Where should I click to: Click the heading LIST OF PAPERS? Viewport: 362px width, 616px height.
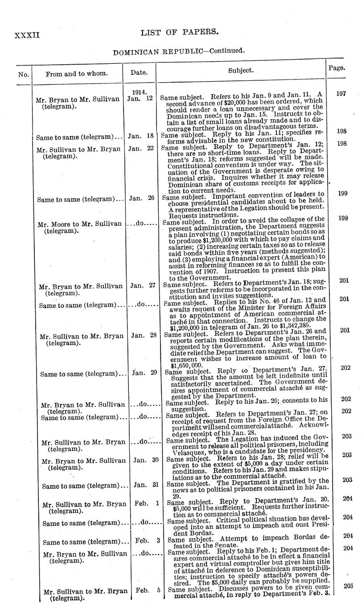pyautogui.click(x=173, y=32)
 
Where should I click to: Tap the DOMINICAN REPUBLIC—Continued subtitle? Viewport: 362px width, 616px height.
pyautogui.click(x=179, y=52)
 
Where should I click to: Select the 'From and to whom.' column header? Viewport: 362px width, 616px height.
pyautogui.click(x=76, y=74)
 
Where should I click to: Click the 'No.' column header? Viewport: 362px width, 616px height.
pyautogui.click(x=23, y=74)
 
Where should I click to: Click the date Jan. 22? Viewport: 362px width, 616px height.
pyautogui.click(x=140, y=149)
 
